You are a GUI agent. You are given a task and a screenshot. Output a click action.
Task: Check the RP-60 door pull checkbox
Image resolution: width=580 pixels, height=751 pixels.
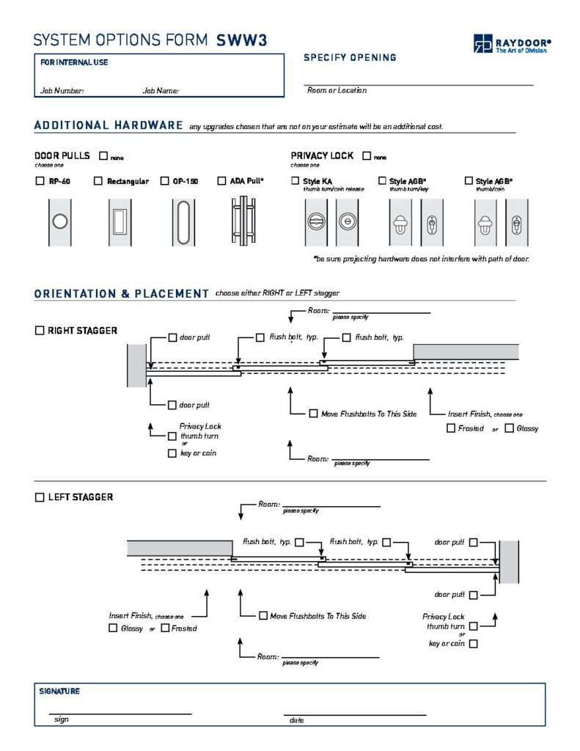pyautogui.click(x=40, y=181)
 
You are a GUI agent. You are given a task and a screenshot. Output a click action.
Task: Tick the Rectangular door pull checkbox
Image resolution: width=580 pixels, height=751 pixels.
pyautogui.click(x=98, y=181)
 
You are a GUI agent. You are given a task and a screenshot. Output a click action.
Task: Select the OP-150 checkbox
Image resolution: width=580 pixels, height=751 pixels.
pyautogui.click(x=164, y=181)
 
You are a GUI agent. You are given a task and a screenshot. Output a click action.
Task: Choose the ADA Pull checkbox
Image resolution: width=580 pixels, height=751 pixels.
pyautogui.click(x=222, y=181)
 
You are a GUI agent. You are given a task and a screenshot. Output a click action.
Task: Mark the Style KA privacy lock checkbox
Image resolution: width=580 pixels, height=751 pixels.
pyautogui.click(x=295, y=181)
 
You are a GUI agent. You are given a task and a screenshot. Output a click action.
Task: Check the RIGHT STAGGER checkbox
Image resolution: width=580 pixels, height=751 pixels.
pyautogui.click(x=40, y=331)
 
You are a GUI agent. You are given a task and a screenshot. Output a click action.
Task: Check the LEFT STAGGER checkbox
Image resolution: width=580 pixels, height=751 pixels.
pyautogui.click(x=40, y=497)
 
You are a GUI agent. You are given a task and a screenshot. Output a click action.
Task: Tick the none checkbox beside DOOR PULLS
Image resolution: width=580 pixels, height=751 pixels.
pyautogui.click(x=103, y=156)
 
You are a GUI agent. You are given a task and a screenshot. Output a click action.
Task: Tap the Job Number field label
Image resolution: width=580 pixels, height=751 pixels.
pyautogui.click(x=62, y=91)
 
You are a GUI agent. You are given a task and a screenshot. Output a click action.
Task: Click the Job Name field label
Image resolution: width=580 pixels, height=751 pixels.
pyautogui.click(x=161, y=91)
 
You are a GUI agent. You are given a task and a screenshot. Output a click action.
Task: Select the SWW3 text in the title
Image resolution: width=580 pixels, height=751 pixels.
pyautogui.click(x=241, y=41)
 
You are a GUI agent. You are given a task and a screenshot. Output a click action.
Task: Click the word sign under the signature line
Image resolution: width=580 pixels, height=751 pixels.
pyautogui.click(x=62, y=720)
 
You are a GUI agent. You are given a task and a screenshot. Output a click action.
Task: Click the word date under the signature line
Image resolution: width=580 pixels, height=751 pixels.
pyautogui.click(x=297, y=721)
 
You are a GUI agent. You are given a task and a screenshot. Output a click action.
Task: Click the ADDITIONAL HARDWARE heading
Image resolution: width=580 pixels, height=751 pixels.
pyautogui.click(x=109, y=125)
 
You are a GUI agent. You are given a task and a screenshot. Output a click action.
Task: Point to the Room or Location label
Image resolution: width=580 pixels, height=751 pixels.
pyautogui.click(x=337, y=90)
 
